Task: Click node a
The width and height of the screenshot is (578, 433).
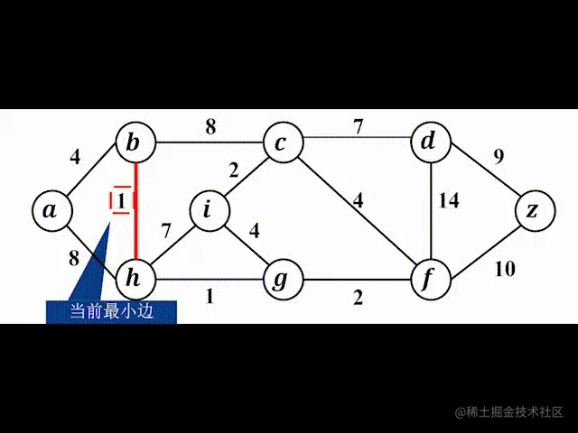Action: tap(51, 209)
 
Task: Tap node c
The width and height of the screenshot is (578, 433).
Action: tap(281, 143)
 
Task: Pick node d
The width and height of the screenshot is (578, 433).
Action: tap(429, 142)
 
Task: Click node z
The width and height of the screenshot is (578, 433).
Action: tap(534, 210)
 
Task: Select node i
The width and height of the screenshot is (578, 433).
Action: tap(208, 210)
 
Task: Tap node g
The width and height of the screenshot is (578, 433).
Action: tap(281, 280)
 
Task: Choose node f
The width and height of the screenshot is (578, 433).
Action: tap(429, 280)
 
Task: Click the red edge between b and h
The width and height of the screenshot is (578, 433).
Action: tap(135, 216)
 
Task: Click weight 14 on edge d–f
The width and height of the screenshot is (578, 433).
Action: tap(449, 200)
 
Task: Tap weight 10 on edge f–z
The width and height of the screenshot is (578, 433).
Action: tap(505, 268)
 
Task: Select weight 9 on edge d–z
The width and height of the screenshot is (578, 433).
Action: tap(498, 156)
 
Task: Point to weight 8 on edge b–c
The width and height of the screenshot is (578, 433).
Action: tap(210, 127)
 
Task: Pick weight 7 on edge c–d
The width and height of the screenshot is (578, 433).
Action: tap(359, 126)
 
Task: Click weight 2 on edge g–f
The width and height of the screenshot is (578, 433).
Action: tap(358, 297)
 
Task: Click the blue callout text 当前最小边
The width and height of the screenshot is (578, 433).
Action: tap(111, 311)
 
